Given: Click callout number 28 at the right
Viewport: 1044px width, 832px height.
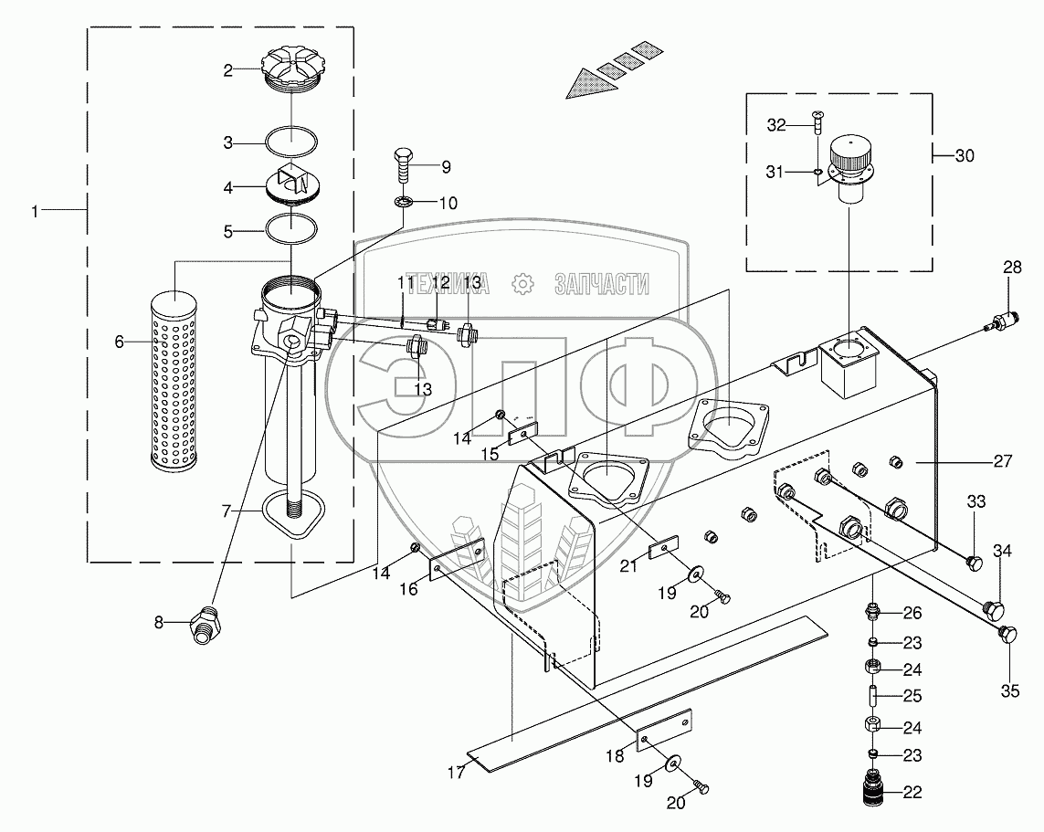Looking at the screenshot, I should [1012, 268].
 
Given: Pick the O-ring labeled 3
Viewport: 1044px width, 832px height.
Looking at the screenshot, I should [291, 142].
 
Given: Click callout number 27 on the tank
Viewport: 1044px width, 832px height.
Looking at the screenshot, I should [1002, 462].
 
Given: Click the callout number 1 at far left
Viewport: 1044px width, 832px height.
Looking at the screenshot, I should [35, 211].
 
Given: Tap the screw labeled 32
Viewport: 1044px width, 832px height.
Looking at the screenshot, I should [815, 119].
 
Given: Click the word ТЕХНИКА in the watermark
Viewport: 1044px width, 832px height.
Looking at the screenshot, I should [448, 285].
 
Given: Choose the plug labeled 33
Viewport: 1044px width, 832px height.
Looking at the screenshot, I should [975, 562].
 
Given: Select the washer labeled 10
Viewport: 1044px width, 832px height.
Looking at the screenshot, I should [402, 202].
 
